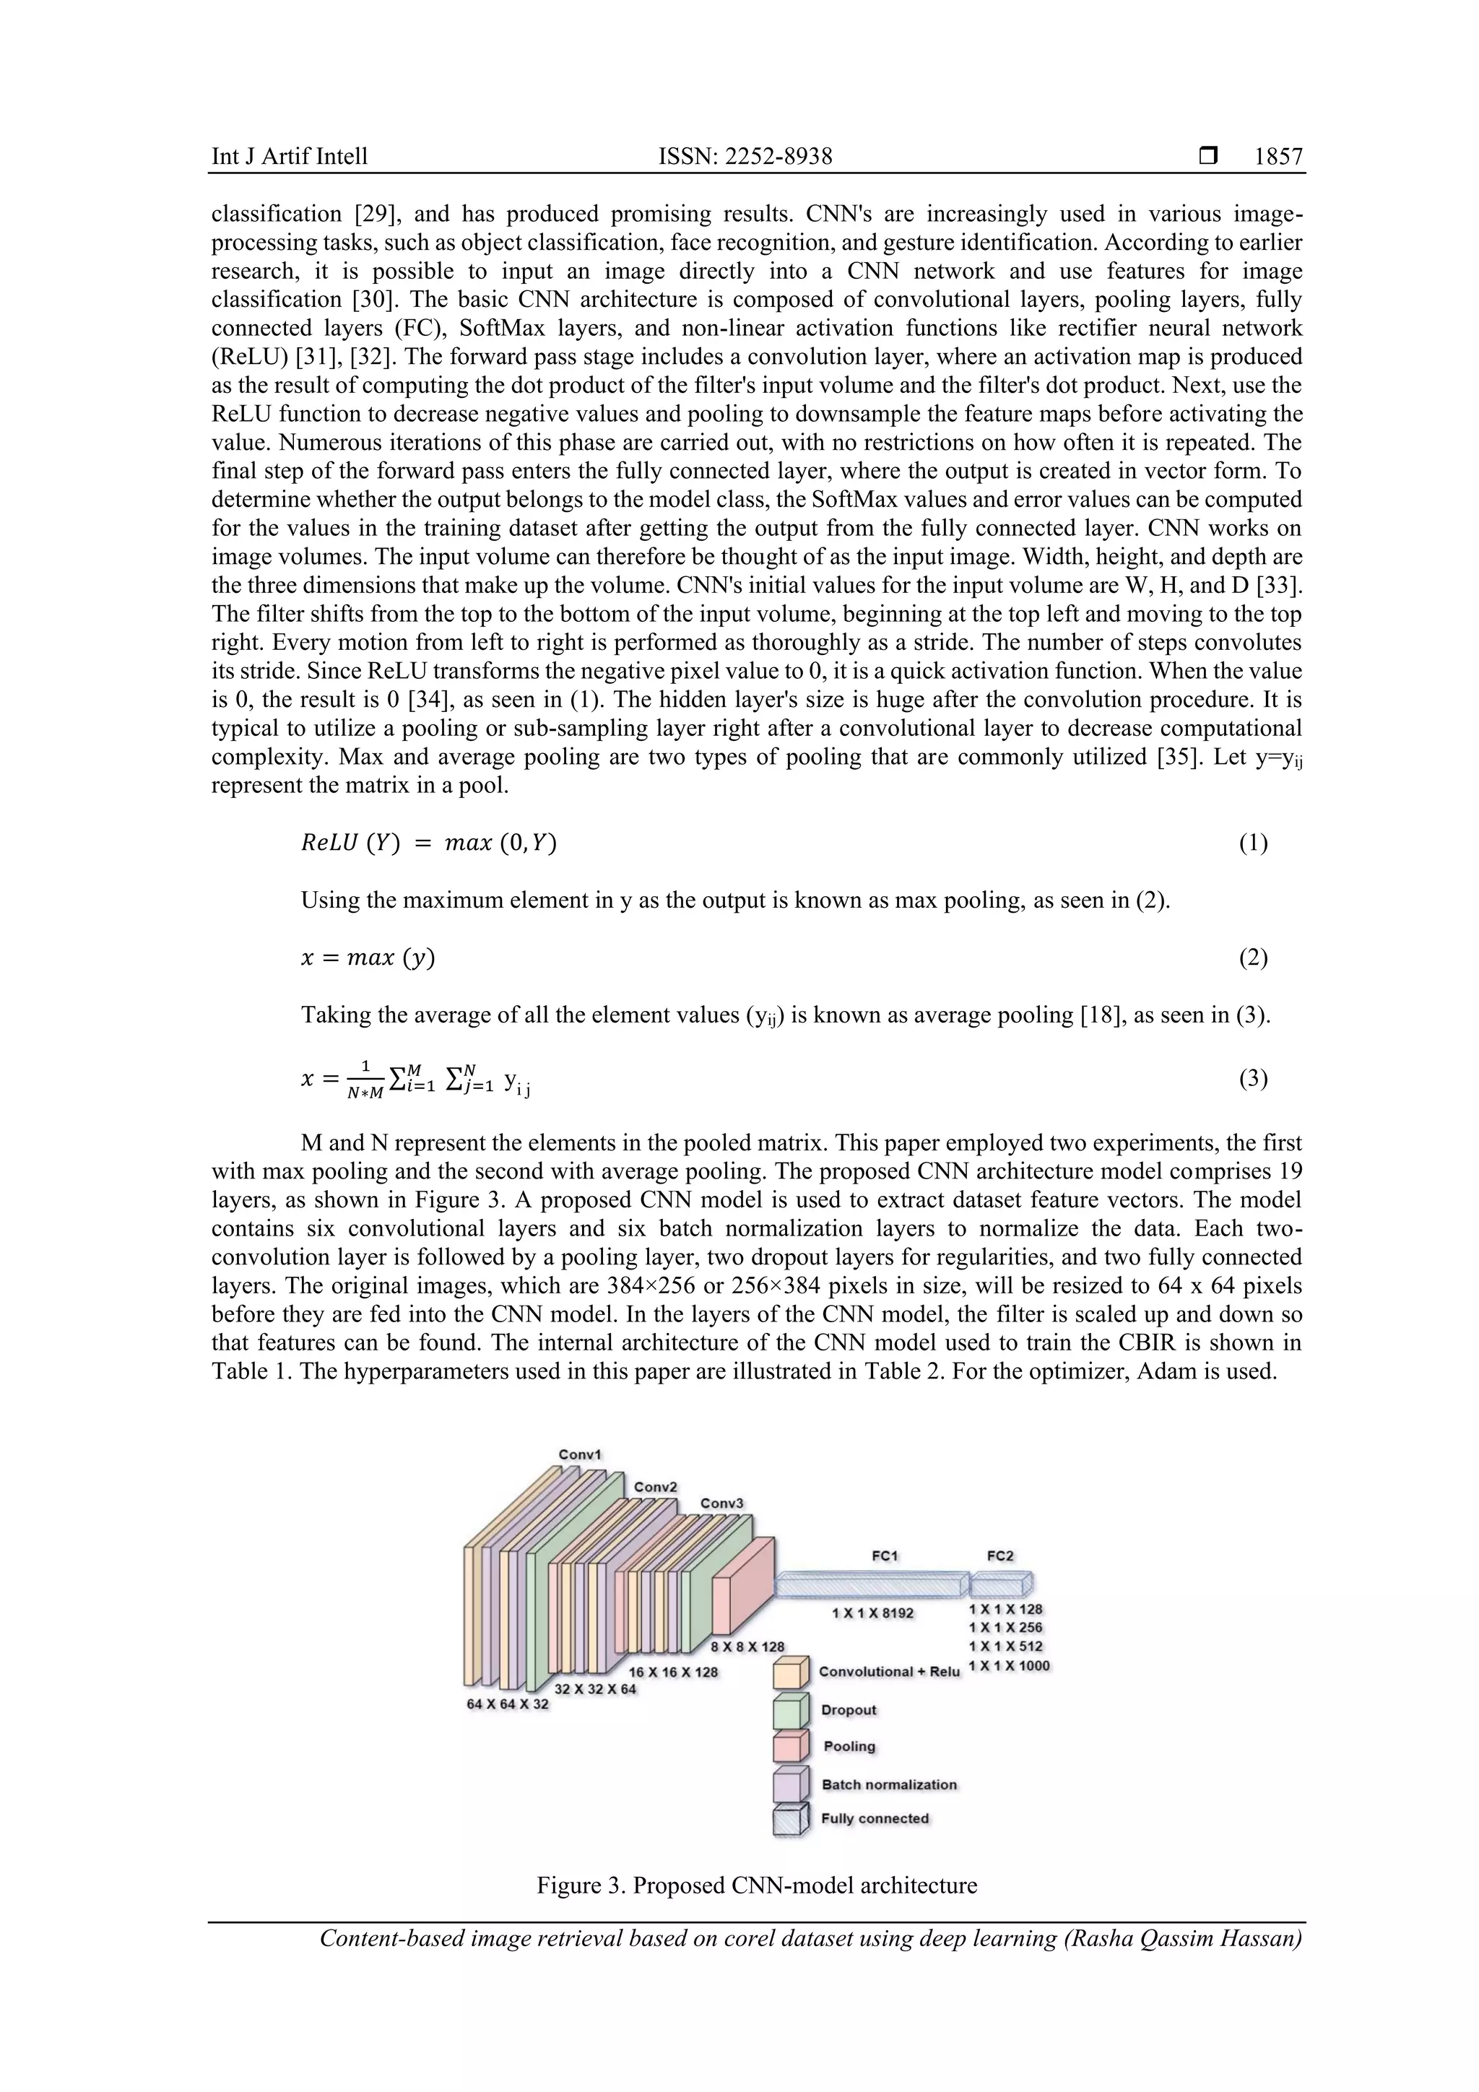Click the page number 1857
pos(1278,157)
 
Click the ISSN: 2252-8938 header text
pos(745,157)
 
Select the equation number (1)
pos(1252,843)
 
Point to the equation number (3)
pos(1252,1079)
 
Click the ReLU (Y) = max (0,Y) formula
pos(428,843)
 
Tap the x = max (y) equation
pos(368,958)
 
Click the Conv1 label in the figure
pos(580,1454)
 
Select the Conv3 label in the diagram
pos(721,1503)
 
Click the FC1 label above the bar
pos(885,1555)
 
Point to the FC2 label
pos(999,1555)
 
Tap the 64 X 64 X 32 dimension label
pos(508,1703)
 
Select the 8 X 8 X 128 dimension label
pos(747,1646)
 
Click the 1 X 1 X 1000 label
pos(1009,1665)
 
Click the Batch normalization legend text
pos(888,1784)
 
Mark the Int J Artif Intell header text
pos(290,157)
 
